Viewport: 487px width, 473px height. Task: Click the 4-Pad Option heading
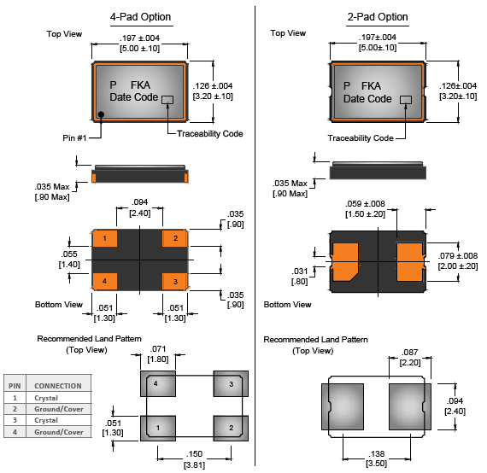[x=141, y=17]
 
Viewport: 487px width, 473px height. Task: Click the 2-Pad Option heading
[x=378, y=17]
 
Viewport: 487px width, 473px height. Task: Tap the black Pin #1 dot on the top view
[x=101, y=114]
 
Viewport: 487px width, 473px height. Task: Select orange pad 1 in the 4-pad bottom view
[x=105, y=238]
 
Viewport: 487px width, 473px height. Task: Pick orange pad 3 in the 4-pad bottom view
[x=175, y=282]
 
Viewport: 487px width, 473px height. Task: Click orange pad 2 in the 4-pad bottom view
[x=175, y=238]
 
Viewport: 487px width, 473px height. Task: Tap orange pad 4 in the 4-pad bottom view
[x=105, y=282]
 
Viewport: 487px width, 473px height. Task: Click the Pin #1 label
[x=74, y=137]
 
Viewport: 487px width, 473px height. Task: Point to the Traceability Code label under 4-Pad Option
[x=210, y=134]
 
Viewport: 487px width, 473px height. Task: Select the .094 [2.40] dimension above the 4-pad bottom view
[x=140, y=207]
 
